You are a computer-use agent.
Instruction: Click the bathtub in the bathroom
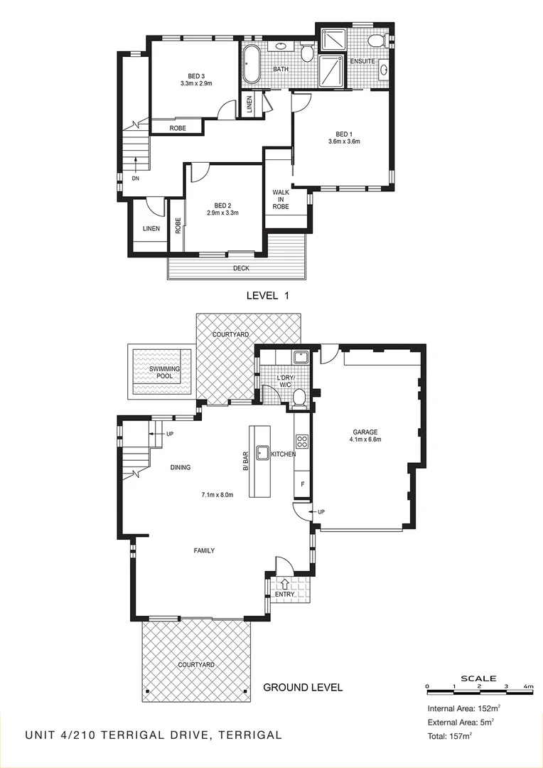(252, 65)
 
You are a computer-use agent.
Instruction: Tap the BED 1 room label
(344, 134)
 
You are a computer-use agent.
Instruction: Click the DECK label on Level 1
(241, 269)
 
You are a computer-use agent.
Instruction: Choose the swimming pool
(161, 370)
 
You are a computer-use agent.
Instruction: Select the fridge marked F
(301, 484)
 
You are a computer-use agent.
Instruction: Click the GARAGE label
(365, 432)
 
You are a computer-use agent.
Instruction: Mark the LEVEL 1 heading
(269, 294)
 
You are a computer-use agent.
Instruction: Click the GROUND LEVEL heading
(303, 688)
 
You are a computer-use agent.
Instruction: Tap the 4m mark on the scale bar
(528, 686)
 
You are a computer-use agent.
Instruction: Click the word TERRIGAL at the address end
(252, 735)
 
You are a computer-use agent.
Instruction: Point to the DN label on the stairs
(135, 179)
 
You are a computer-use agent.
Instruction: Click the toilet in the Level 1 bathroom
(307, 53)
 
